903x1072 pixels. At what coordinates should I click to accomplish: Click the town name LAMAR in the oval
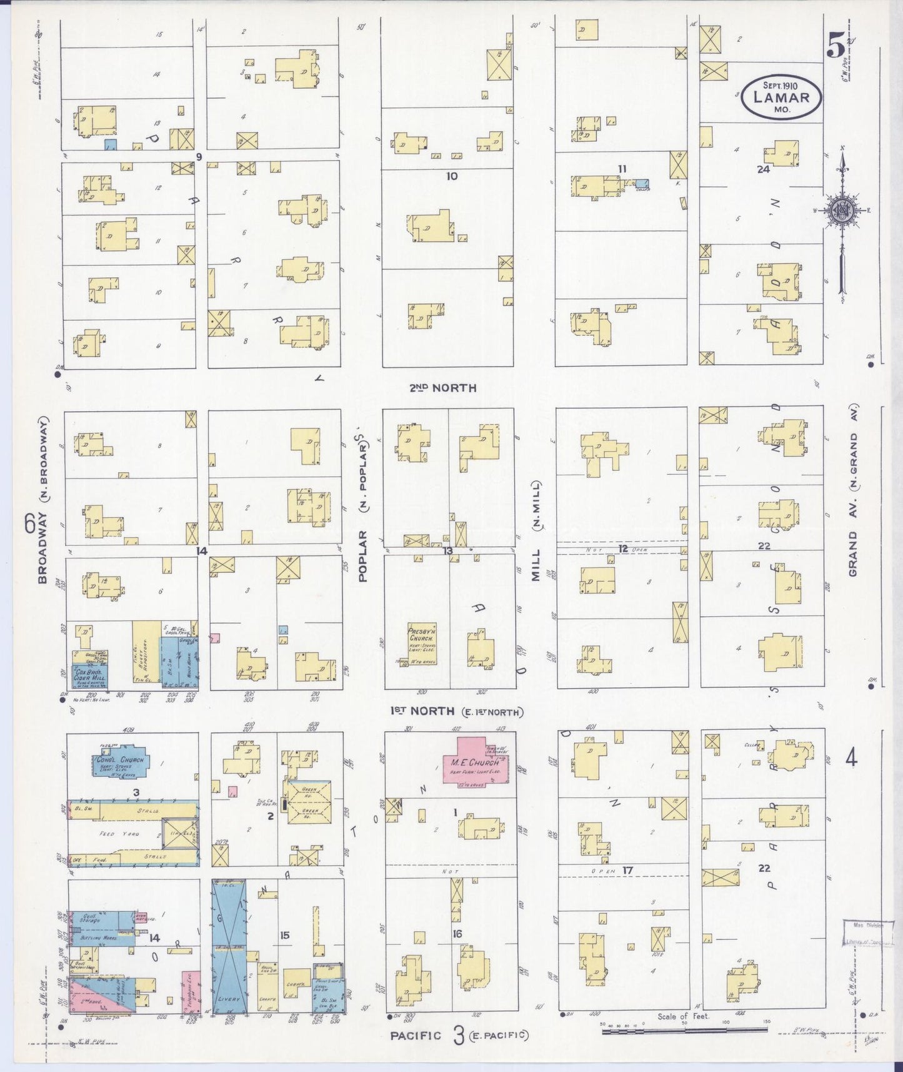pyautogui.click(x=781, y=97)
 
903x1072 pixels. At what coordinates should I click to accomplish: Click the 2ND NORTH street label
pyautogui.click(x=442, y=388)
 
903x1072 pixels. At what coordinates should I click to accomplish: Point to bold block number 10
pyautogui.click(x=451, y=176)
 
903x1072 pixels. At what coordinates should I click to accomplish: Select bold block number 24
pyautogui.click(x=763, y=169)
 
